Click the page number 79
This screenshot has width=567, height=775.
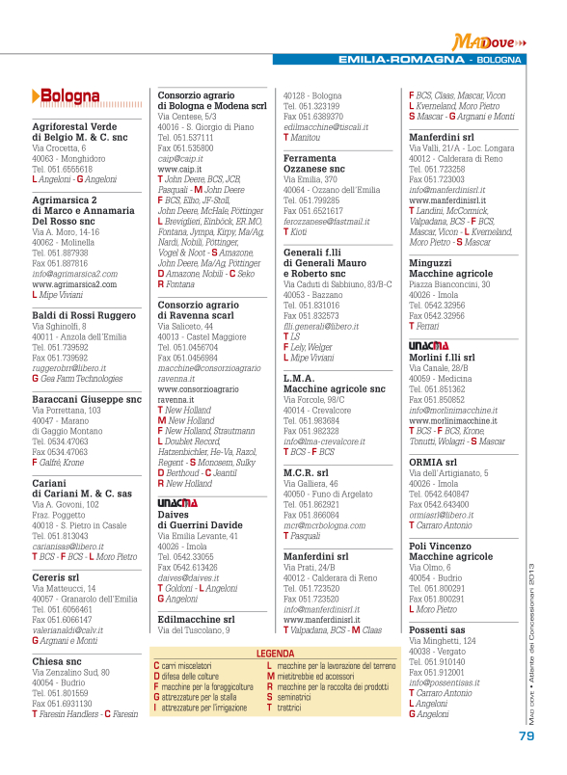pyautogui.click(x=526, y=735)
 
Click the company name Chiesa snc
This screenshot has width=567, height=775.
pyautogui.click(x=57, y=661)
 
